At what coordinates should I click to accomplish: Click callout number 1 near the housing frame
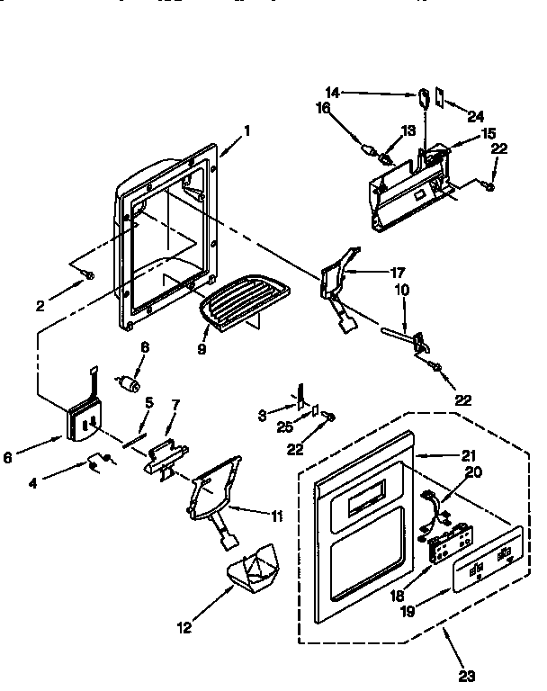coord(247,130)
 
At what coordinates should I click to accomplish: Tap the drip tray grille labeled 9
coord(238,296)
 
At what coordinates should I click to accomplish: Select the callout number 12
coord(184,629)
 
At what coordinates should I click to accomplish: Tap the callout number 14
coord(331,92)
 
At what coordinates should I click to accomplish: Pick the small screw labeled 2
coord(89,274)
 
